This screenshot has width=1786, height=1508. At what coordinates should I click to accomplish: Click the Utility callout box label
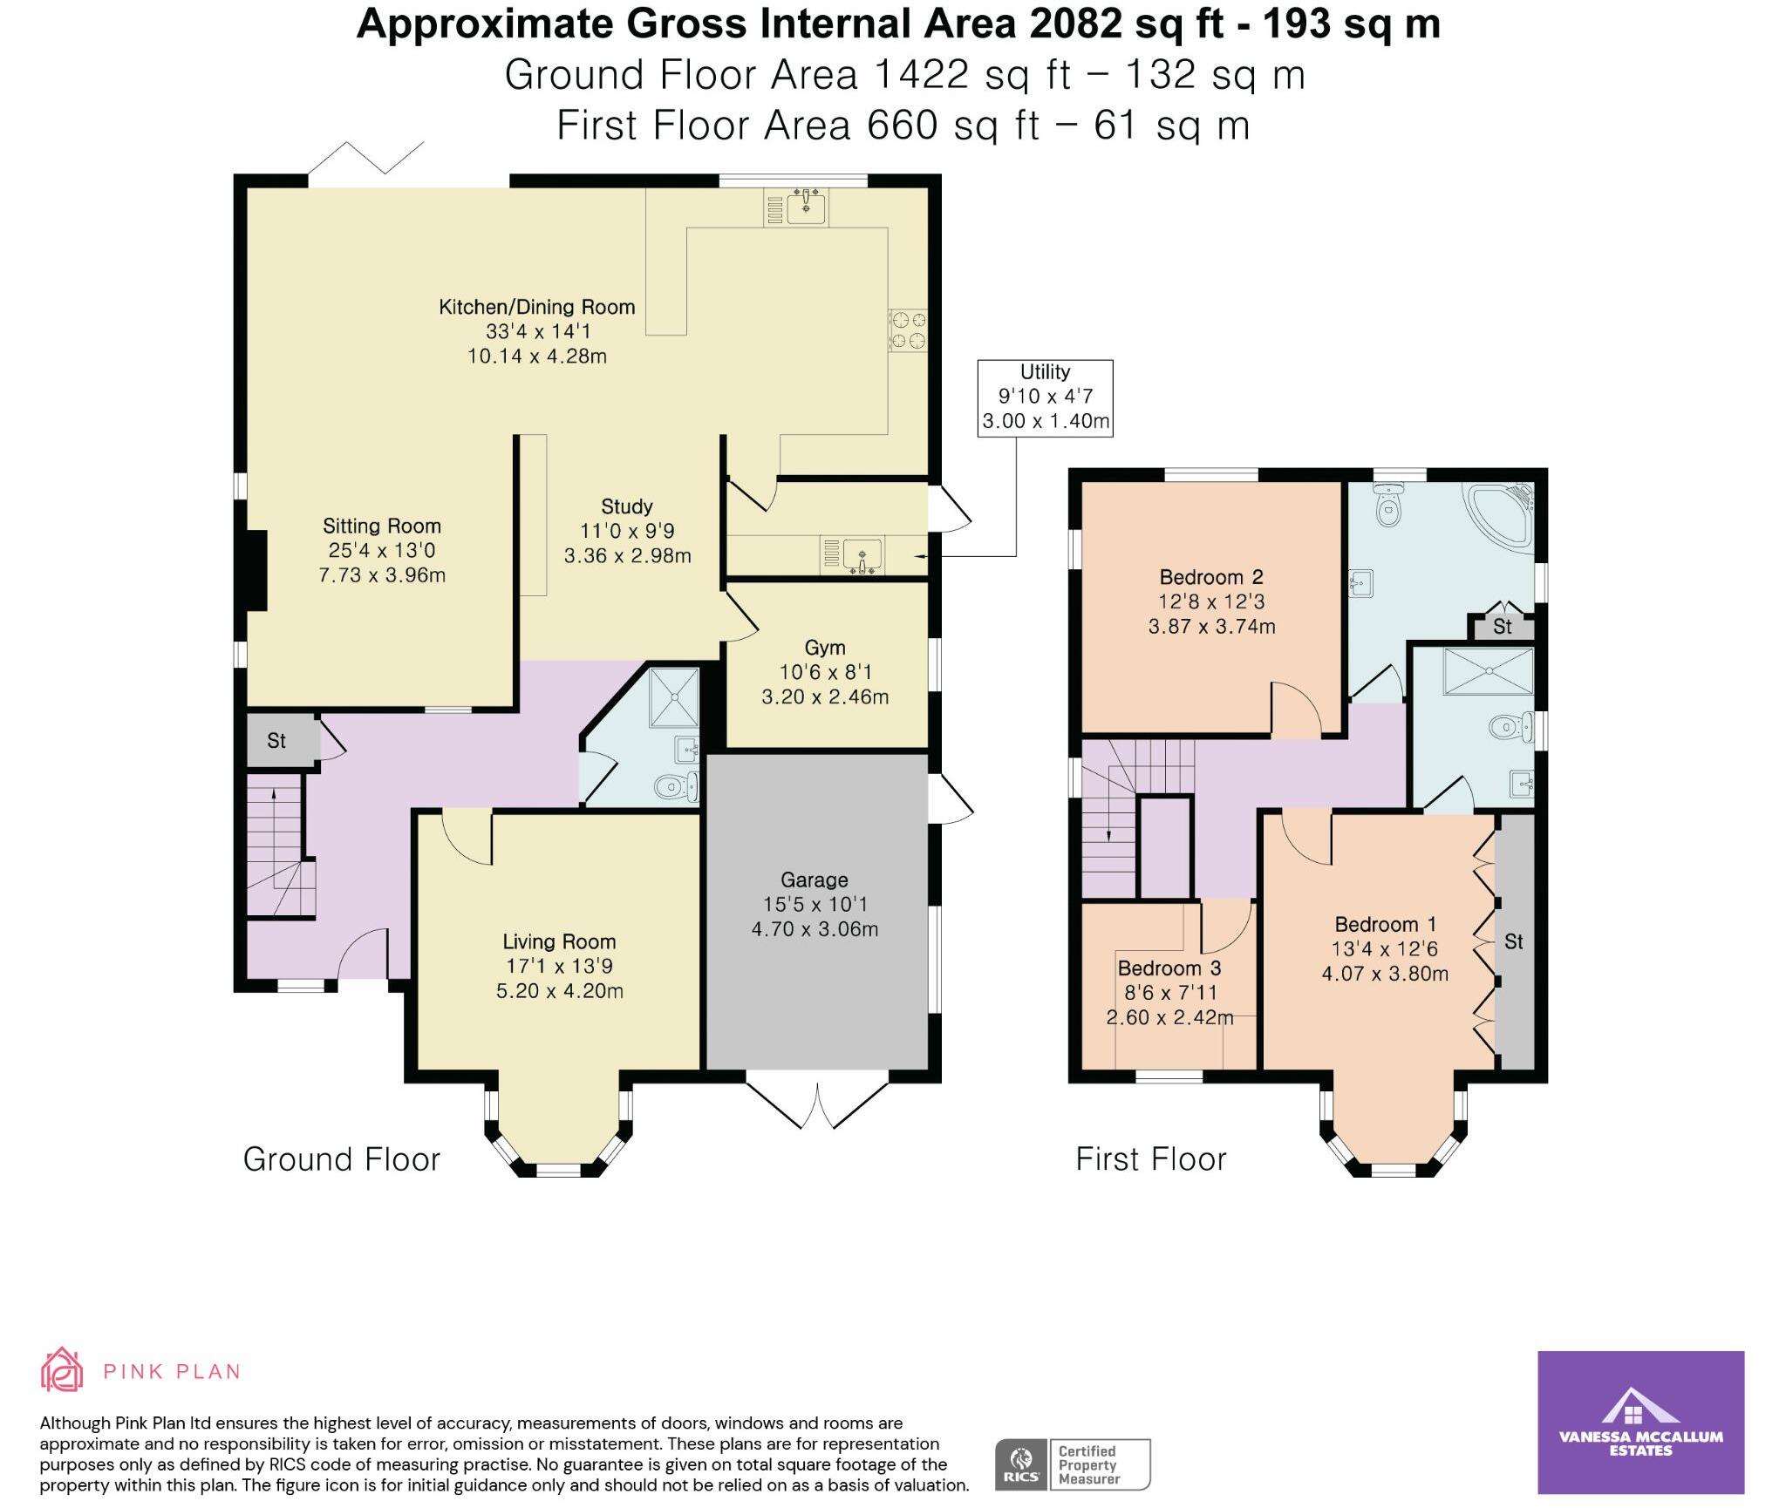(x=1045, y=397)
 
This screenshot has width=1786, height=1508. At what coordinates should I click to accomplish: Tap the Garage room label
(x=815, y=905)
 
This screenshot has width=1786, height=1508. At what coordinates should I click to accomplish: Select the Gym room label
(x=825, y=672)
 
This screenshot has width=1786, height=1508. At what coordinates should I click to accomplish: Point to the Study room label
(x=627, y=531)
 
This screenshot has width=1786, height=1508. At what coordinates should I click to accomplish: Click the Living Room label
(x=559, y=966)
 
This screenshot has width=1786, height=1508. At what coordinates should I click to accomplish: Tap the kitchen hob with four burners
(x=908, y=329)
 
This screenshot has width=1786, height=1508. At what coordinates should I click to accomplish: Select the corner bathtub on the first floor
(x=1501, y=516)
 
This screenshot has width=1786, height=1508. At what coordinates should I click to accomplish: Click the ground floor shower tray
(x=674, y=697)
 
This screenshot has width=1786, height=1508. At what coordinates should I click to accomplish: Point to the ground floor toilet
(x=677, y=787)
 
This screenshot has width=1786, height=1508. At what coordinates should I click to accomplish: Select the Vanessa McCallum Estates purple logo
(x=1640, y=1423)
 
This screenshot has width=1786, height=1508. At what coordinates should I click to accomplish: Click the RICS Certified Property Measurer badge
(x=1073, y=1464)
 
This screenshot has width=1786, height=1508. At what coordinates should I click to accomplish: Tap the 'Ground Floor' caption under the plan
(x=342, y=1159)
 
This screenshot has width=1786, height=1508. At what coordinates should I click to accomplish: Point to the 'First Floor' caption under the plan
(x=1151, y=1159)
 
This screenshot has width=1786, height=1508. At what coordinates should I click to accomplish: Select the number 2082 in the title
(x=1075, y=24)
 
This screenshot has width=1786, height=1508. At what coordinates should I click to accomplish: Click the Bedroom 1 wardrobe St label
(x=1514, y=941)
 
